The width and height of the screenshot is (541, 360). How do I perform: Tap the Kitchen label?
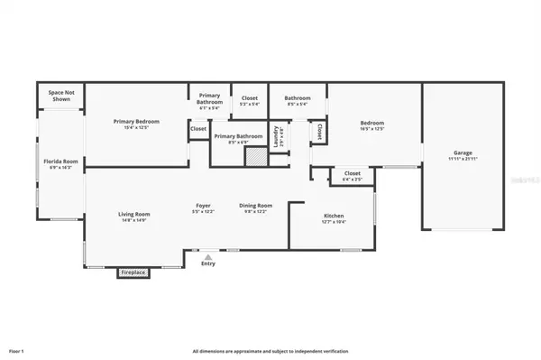[334, 217]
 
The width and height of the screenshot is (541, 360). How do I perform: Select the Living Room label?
[133, 214]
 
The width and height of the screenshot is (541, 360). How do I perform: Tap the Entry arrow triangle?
[208, 256]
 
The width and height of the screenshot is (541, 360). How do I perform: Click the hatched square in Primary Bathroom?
[256, 155]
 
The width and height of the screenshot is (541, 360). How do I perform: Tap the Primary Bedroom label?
[136, 121]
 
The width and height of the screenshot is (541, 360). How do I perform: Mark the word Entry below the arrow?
[208, 264]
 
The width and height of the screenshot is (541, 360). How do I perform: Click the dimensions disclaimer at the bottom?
[270, 350]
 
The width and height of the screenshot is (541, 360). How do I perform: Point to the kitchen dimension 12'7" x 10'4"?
[334, 223]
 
